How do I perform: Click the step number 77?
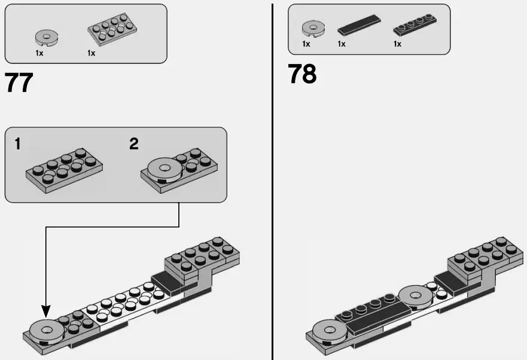pyautogui.click(x=19, y=83)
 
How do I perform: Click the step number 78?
pyautogui.click(x=302, y=75)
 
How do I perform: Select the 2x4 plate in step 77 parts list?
pyautogui.click(x=111, y=29)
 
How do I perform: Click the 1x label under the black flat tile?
pyautogui.click(x=342, y=44)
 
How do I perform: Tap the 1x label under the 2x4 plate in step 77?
pyautogui.click(x=92, y=53)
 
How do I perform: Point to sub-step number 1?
pyautogui.click(x=18, y=144)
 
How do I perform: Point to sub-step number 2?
pyautogui.click(x=133, y=144)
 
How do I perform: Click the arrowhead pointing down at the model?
pyautogui.click(x=46, y=310)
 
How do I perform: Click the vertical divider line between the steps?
pyautogui.click(x=273, y=179)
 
